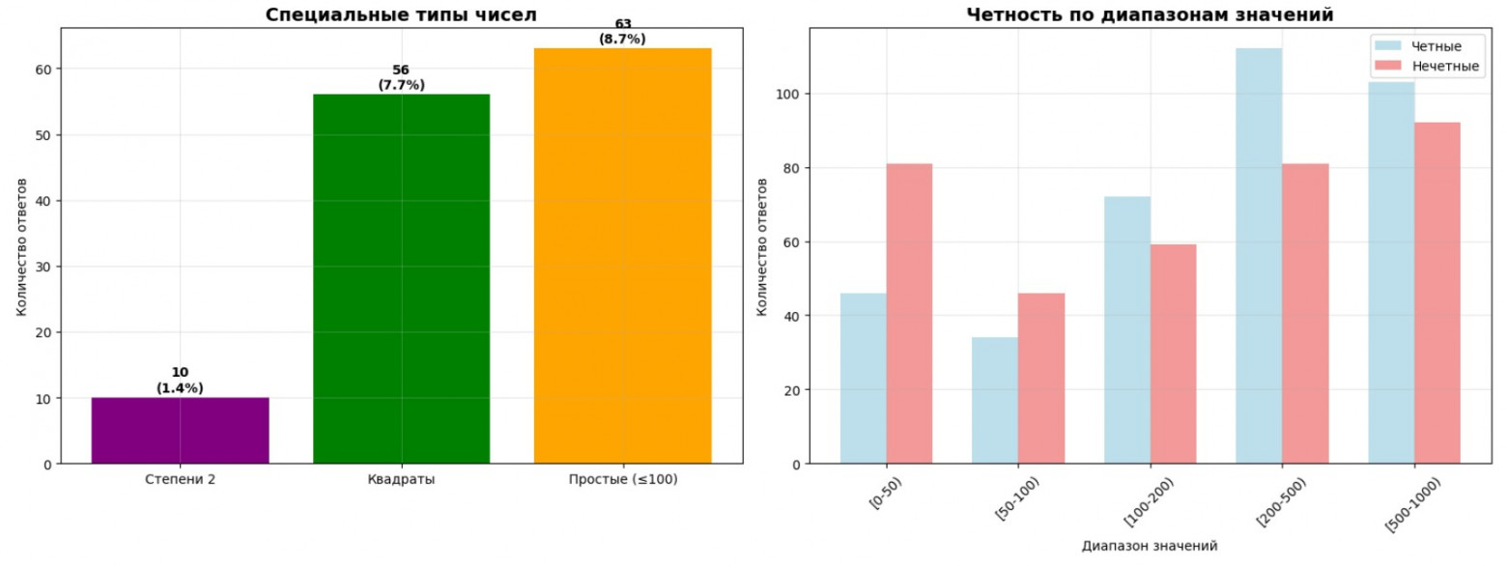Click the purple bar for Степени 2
pyautogui.click(x=180, y=431)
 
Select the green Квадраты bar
pyautogui.click(x=401, y=279)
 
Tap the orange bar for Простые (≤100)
pyautogui.click(x=622, y=256)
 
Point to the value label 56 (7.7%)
pyautogui.click(x=400, y=78)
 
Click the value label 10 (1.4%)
pyautogui.click(x=180, y=381)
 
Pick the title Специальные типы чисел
pyautogui.click(x=401, y=14)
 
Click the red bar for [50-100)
pyautogui.click(x=1041, y=379)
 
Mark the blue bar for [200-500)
pyautogui.click(x=1259, y=256)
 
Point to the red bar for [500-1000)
pyautogui.click(x=1437, y=293)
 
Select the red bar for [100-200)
pyautogui.click(x=1173, y=354)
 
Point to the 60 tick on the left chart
pyautogui.click(x=44, y=70)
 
